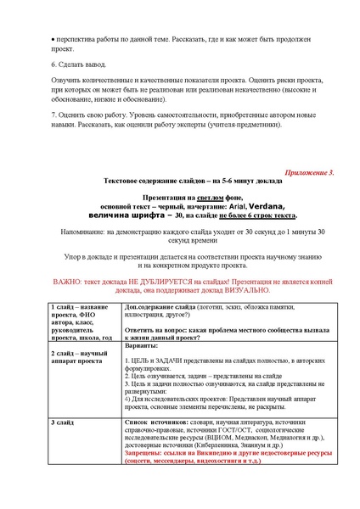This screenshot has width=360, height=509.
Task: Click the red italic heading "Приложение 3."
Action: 307,171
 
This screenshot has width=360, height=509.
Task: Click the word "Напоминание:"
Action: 76,232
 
